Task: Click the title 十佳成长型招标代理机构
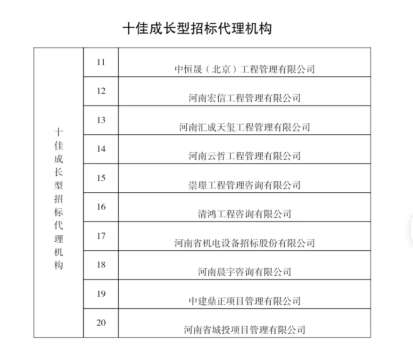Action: [x=197, y=28]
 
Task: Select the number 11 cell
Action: [x=101, y=62]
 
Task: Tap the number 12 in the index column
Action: [x=101, y=91]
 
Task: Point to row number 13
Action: [x=101, y=120]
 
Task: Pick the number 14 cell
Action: [x=101, y=149]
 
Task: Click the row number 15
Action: [x=101, y=178]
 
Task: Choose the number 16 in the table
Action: [x=101, y=207]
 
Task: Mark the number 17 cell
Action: [x=101, y=236]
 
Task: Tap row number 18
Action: [x=101, y=265]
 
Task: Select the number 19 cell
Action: [x=101, y=294]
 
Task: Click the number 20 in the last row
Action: [x=101, y=323]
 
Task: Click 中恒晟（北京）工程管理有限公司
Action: [x=245, y=69]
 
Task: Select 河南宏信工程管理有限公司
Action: [x=245, y=98]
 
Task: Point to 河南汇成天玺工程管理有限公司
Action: [x=245, y=127]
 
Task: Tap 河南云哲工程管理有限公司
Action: [x=245, y=156]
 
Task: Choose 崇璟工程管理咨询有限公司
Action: [x=245, y=185]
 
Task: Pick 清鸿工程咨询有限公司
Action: [x=245, y=214]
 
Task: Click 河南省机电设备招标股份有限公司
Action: [x=245, y=243]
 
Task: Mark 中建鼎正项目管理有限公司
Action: [x=245, y=301]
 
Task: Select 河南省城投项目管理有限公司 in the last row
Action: [x=245, y=330]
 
